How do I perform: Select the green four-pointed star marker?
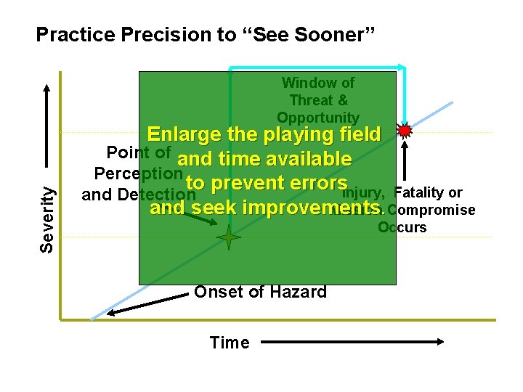pos(229,237)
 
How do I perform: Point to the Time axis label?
pos(229,343)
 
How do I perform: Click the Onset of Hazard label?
pos(260,293)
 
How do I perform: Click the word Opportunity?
pos(318,117)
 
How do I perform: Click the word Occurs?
pos(402,227)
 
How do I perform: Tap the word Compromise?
pos(431,210)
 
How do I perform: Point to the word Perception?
pos(138,175)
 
